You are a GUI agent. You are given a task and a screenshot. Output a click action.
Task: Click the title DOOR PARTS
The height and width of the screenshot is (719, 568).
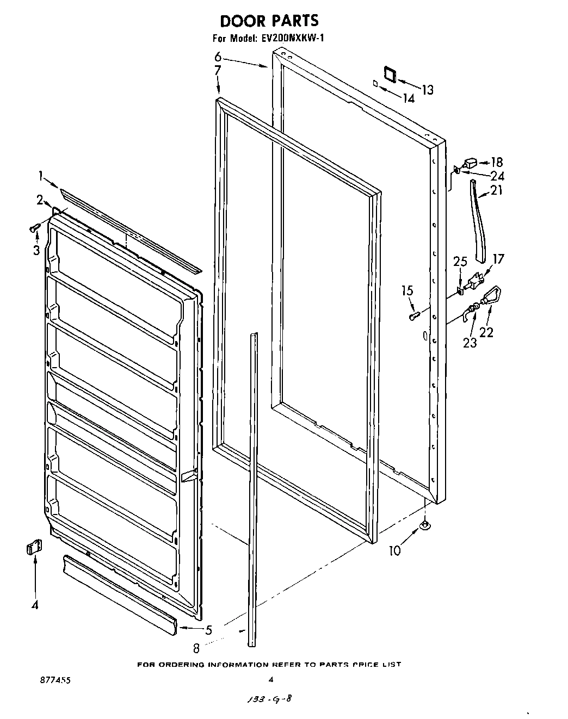[x=269, y=21]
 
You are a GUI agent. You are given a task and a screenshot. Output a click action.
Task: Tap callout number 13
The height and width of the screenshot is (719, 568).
[x=428, y=90]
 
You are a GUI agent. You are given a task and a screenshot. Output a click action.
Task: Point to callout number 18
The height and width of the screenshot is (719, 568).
[x=496, y=162]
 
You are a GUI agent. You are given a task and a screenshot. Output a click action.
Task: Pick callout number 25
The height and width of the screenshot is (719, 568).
[x=460, y=261]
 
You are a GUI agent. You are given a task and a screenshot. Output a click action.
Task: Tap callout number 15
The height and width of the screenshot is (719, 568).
[x=408, y=292]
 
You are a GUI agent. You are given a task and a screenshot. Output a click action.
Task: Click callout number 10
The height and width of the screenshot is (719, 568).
[x=394, y=550]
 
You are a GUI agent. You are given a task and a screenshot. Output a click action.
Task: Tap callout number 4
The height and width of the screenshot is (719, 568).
[x=35, y=605]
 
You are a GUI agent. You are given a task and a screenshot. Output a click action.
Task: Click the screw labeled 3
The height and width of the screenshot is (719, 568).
[x=34, y=229]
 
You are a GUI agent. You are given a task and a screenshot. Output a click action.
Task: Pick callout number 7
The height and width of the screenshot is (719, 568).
[x=217, y=70]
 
